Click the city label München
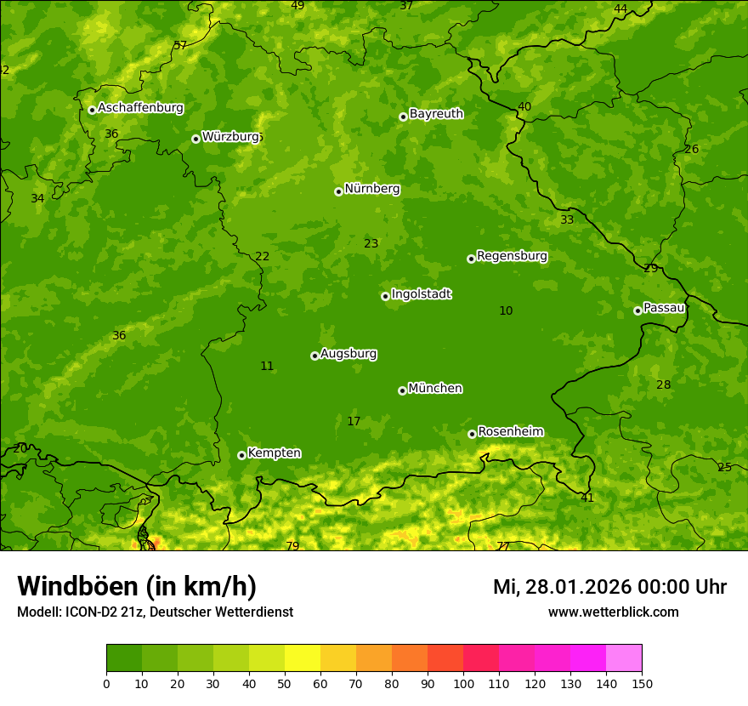point(435,389)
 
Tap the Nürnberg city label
point(371,189)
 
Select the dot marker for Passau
point(637,310)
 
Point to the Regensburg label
point(512,256)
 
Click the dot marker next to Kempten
point(241,455)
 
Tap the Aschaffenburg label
point(140,108)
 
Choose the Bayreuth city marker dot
point(403,117)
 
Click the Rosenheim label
point(510,432)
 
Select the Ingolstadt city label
point(421,294)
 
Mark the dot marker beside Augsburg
point(314,356)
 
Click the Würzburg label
point(230,137)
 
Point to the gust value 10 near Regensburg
point(506,311)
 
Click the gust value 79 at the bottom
point(292,546)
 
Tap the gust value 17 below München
point(354,422)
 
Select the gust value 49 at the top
point(297,6)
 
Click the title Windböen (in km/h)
point(137,586)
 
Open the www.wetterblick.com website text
point(613,612)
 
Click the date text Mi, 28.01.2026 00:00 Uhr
point(609,587)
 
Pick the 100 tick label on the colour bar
point(463,683)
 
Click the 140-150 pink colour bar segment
point(624,658)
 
